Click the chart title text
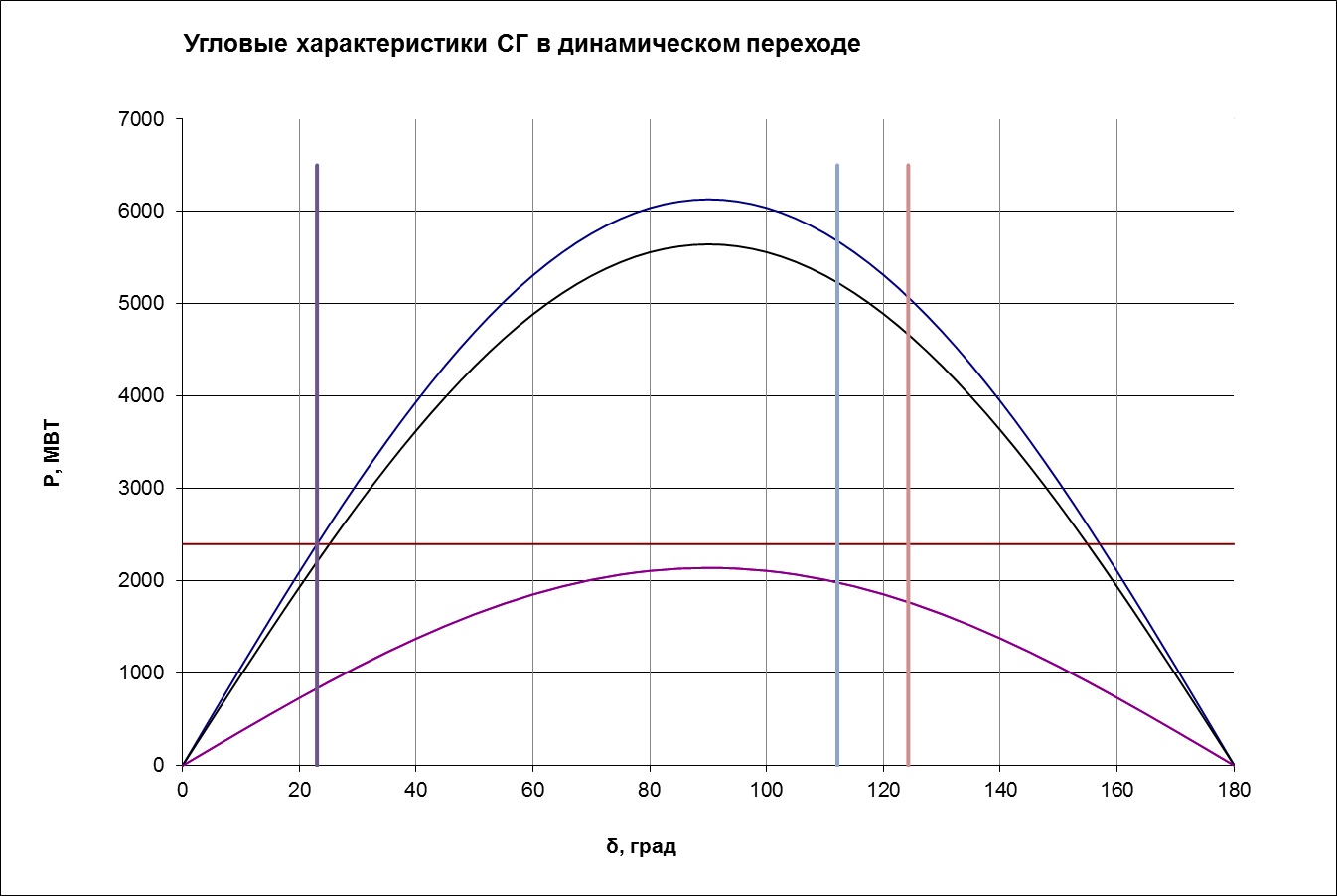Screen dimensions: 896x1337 [x=522, y=45]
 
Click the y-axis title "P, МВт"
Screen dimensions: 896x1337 [x=53, y=453]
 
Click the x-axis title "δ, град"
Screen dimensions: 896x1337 [x=641, y=847]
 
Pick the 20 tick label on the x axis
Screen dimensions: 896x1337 [x=299, y=791]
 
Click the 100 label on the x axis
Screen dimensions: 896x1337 [x=766, y=791]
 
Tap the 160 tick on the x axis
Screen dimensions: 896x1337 [x=1116, y=791]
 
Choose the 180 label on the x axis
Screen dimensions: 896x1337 [x=1234, y=791]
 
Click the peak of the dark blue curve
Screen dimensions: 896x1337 [x=708, y=200]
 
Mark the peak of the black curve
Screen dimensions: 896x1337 [x=708, y=244]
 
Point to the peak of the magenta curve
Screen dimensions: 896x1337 [x=708, y=568]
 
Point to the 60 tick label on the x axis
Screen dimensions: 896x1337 [x=532, y=791]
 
